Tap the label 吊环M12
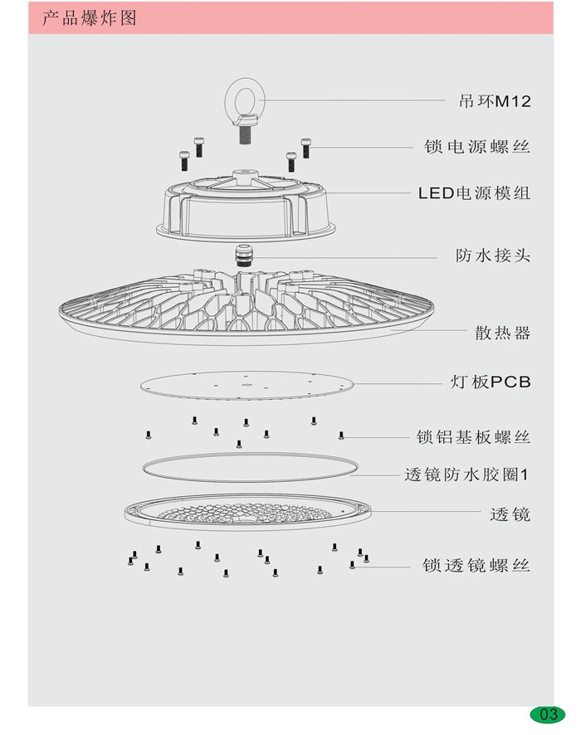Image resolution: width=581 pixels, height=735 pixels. (x=494, y=102)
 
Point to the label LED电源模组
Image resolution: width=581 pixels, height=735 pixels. (x=474, y=193)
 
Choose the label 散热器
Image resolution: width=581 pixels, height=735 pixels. (x=502, y=333)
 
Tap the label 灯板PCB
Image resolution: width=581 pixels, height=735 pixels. (x=489, y=382)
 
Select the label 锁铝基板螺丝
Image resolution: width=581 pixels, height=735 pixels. (x=473, y=436)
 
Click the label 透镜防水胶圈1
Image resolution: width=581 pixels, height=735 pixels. (x=466, y=475)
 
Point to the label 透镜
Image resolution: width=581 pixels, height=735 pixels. (x=510, y=514)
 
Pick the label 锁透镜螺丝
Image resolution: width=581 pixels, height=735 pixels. (x=476, y=566)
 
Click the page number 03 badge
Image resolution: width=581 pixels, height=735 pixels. (x=548, y=714)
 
